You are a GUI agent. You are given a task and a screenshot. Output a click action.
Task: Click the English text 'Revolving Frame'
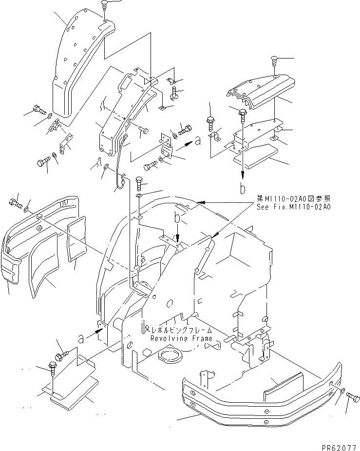coord(181,338)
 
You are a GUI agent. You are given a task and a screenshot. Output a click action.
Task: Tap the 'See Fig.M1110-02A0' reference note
coord(294,206)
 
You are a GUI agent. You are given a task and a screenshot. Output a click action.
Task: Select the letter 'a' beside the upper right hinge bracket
coord(197,141)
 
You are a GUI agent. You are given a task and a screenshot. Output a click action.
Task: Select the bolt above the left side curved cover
coord(14,201)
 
